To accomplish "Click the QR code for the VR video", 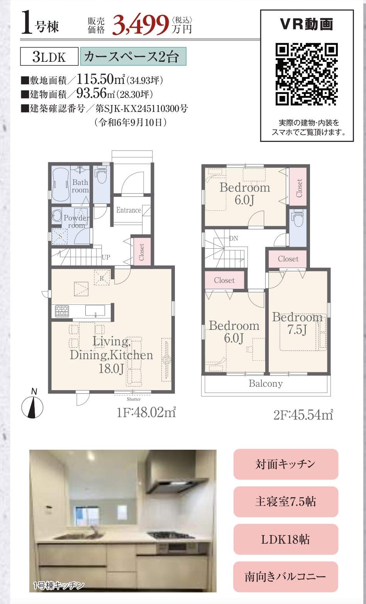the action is click(x=307, y=74).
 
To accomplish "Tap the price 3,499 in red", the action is click(x=140, y=25).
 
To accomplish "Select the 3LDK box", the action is click(x=49, y=56).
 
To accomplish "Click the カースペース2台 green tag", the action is click(x=133, y=56).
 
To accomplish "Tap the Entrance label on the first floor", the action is click(x=129, y=210).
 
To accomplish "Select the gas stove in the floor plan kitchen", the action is click(x=62, y=311).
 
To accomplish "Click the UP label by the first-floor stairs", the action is click(x=106, y=257).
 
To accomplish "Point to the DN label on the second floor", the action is click(x=234, y=238).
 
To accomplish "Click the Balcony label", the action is click(x=266, y=384).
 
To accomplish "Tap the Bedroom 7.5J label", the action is click(x=297, y=323).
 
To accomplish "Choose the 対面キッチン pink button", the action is click(x=286, y=464).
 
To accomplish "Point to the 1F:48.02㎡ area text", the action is click(x=146, y=412).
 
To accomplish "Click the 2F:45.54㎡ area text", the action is click(x=303, y=415).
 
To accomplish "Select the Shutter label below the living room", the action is click(x=134, y=399).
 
